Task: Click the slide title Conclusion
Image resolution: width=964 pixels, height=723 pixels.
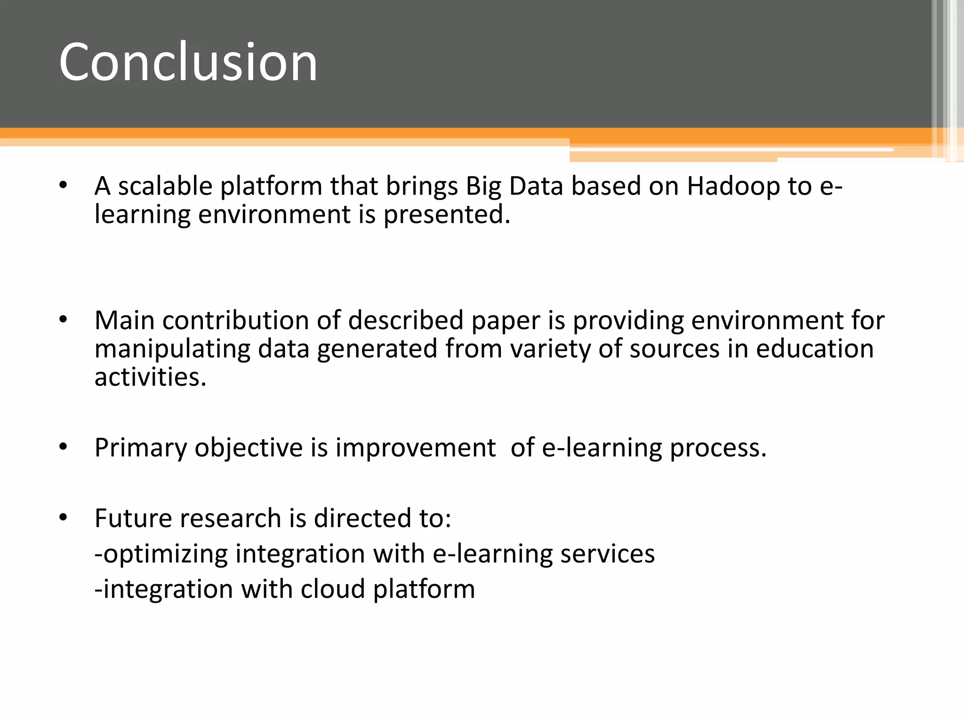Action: click(188, 62)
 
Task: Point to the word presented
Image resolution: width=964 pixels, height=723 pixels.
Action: click(446, 215)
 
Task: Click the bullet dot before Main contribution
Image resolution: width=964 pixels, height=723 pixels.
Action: click(64, 320)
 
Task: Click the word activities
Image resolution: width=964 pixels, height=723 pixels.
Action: click(150, 377)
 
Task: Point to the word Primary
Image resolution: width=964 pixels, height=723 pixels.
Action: click(140, 448)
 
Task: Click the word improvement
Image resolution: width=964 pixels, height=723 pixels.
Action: click(415, 448)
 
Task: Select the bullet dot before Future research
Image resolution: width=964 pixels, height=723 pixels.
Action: click(64, 517)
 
